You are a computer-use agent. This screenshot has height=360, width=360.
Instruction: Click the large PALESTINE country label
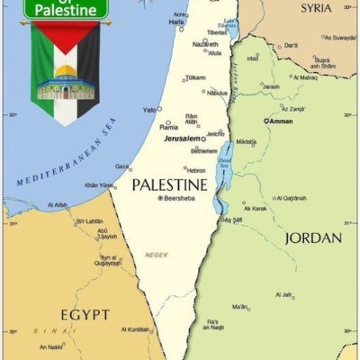pos(169,184)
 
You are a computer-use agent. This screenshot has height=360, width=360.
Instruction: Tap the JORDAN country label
pos(312,238)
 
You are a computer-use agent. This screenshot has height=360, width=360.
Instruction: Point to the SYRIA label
pos(316,8)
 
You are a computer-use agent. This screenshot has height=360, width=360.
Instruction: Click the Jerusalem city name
pos(182,139)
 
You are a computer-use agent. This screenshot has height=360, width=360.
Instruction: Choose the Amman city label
pos(280,120)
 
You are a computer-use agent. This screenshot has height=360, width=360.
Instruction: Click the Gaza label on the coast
pos(122,166)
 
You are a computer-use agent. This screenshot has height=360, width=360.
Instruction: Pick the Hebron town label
pos(196,170)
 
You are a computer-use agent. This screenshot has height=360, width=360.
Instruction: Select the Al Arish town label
pos(58,204)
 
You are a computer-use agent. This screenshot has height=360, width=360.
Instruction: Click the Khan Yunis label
pos(98,185)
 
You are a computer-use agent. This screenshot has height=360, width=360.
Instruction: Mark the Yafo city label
pos(149,110)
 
